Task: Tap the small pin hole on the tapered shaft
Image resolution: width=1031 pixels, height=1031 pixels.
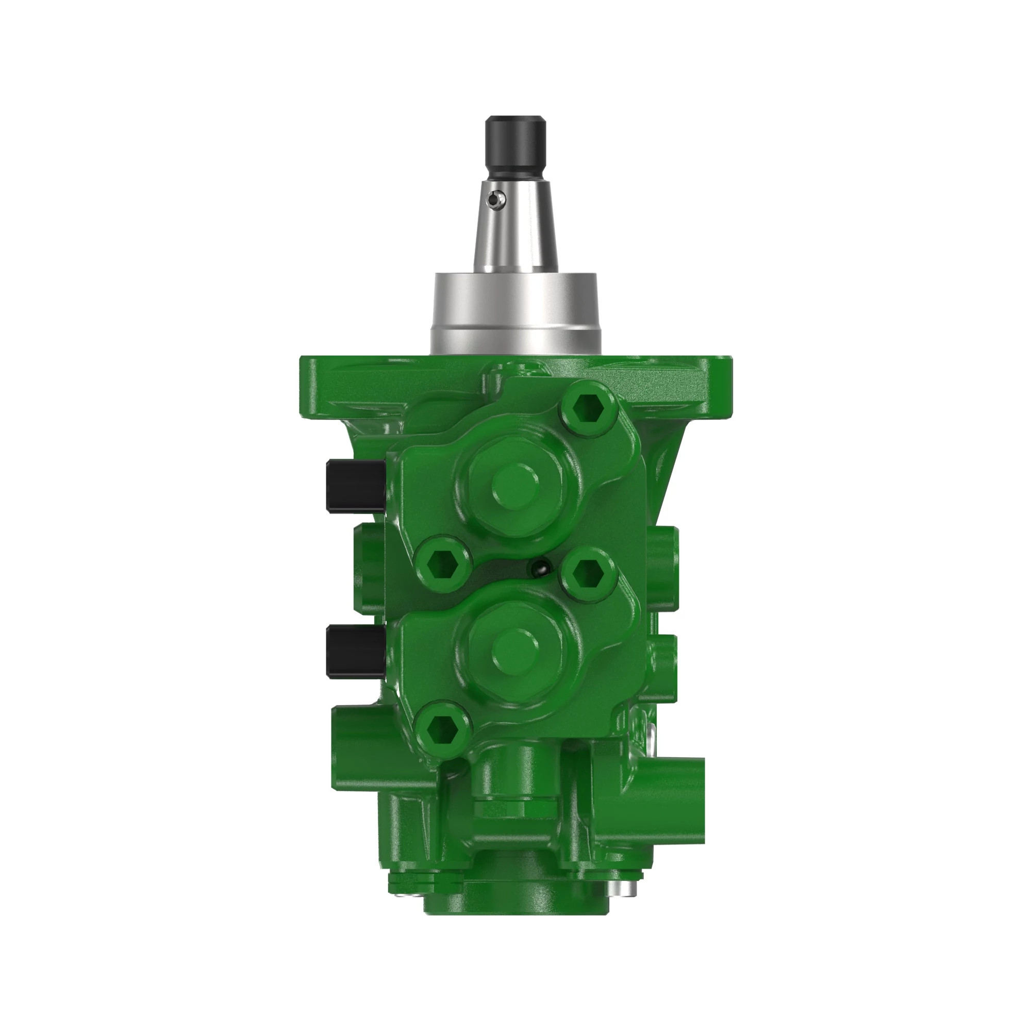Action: pos(497,199)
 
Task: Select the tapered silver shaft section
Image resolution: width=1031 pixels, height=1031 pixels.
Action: pos(516,235)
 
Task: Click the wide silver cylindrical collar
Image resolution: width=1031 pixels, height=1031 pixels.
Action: pos(515,312)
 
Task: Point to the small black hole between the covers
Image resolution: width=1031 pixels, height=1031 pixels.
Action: pos(539,568)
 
